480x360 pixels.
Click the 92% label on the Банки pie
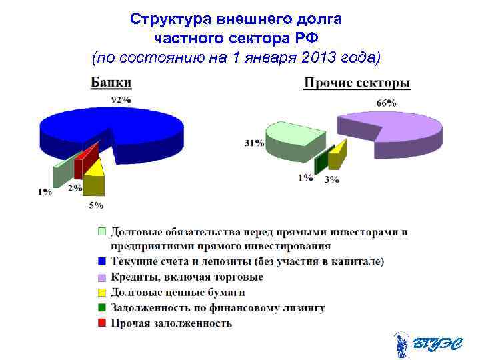[x=121, y=100]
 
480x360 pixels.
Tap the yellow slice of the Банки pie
[x=94, y=175]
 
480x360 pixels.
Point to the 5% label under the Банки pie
[x=96, y=205]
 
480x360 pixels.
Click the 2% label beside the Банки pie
[x=75, y=189]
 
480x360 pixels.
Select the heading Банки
[x=111, y=83]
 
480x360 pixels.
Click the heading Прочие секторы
[x=357, y=83]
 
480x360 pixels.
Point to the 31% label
[x=254, y=143]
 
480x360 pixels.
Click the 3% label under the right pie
[x=331, y=179]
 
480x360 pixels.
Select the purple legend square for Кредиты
[x=101, y=277]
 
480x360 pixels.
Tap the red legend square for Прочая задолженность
[x=101, y=323]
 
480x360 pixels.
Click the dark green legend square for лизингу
[x=101, y=308]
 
